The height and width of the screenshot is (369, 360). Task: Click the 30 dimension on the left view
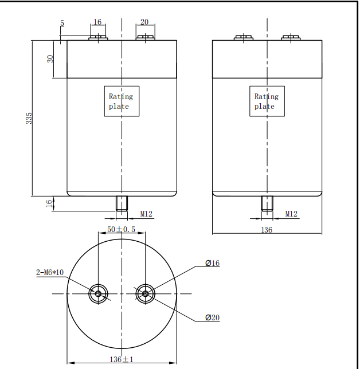pos(50,59)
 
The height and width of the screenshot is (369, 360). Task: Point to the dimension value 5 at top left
pos(62,23)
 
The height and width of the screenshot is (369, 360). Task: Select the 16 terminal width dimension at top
pos(97,22)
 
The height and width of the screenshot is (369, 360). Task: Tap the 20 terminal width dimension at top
pos(144,22)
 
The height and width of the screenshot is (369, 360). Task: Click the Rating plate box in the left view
pos(122,101)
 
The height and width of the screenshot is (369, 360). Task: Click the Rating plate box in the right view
pos(267,101)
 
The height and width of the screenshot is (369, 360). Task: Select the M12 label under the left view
pos(147,214)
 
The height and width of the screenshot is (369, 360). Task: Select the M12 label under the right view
pos(292,214)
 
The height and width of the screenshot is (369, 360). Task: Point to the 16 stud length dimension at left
pos(49,202)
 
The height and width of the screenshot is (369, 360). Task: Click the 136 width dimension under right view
pos(267,230)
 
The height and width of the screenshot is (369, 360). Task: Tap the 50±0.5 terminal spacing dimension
pos(122,229)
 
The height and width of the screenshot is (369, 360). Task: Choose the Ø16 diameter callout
pos(212,264)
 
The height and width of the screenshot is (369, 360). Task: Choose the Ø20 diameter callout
pos(212,317)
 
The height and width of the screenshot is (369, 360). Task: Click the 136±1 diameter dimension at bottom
pos(122,359)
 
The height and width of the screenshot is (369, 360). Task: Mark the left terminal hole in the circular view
pos(98,294)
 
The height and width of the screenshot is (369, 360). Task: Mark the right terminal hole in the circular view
pos(145,294)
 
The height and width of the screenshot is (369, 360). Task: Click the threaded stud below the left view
pos(122,203)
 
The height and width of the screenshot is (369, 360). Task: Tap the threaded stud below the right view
pos(267,203)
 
